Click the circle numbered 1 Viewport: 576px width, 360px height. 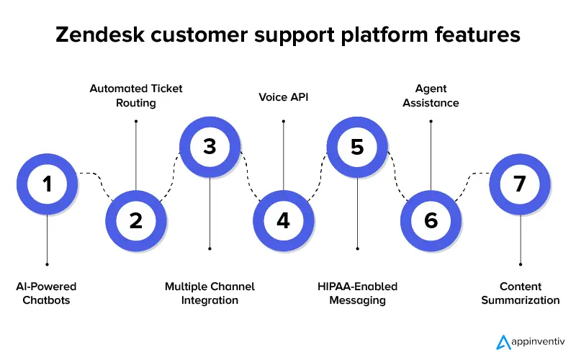(48, 184)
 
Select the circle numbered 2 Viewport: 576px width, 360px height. (136, 220)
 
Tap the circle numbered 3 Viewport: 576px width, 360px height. (210, 147)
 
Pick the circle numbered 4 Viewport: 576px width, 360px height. (284, 220)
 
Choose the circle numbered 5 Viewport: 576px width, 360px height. (358, 147)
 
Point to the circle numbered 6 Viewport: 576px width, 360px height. (431, 220)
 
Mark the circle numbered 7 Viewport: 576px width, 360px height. (520, 184)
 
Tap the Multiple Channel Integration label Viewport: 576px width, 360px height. (210, 293)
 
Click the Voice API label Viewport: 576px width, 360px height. (284, 95)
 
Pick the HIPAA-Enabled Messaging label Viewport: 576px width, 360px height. (358, 293)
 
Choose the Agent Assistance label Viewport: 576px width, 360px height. (431, 95)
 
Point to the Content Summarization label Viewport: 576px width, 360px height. (520, 293)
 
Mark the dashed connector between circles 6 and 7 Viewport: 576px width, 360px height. (472, 180)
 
